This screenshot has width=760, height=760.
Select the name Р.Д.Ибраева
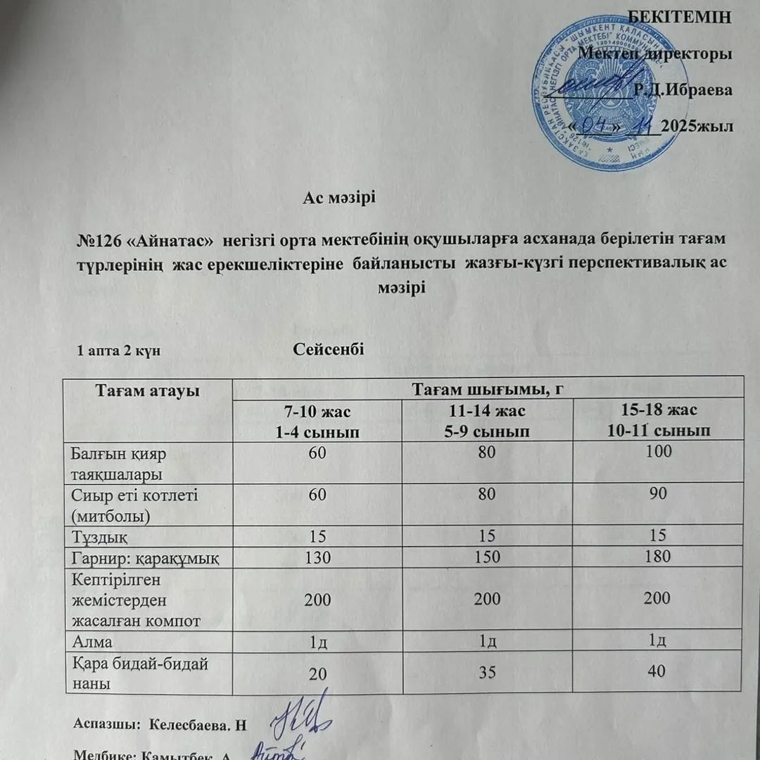pyautogui.click(x=682, y=89)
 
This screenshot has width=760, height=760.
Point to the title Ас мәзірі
pyautogui.click(x=340, y=198)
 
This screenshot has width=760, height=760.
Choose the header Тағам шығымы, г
pyautogui.click(x=487, y=389)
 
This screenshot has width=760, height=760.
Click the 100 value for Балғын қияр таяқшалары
pyautogui.click(x=658, y=452)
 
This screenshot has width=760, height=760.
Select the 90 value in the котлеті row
pyautogui.click(x=658, y=494)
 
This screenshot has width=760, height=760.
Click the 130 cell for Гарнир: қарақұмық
pyautogui.click(x=317, y=557)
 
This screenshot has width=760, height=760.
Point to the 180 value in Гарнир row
pyautogui.click(x=658, y=557)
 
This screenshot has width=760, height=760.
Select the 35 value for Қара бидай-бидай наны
pyautogui.click(x=487, y=673)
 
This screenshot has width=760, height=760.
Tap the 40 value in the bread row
pyautogui.click(x=658, y=672)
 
